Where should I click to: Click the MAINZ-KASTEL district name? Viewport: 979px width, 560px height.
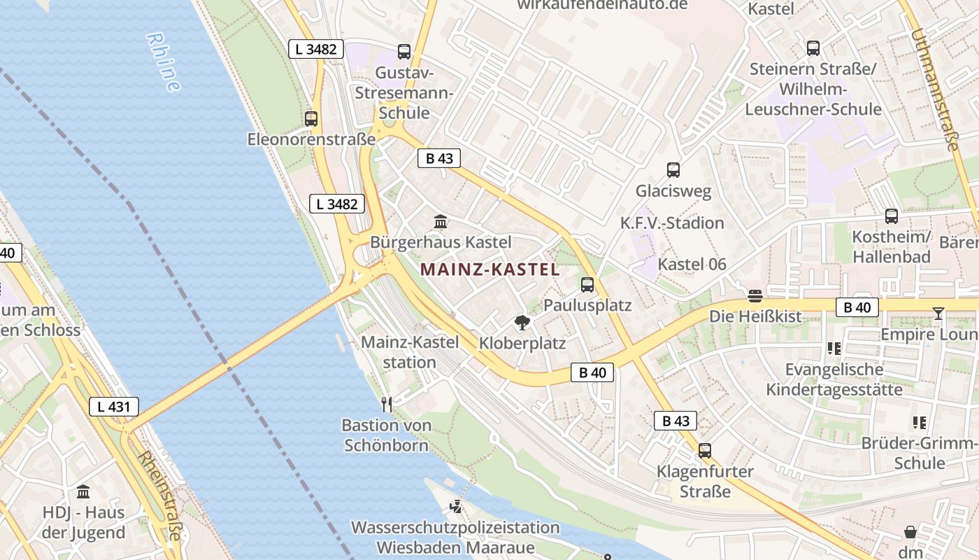pos(489,269)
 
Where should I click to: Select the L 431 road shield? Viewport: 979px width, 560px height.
pos(113,406)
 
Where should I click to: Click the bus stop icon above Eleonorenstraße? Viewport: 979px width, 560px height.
pos(311,119)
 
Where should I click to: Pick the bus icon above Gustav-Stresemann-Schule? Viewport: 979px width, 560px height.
pos(404,51)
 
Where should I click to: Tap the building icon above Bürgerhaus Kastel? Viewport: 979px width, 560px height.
pos(441,222)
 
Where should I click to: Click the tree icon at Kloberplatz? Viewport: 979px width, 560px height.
pos(522,323)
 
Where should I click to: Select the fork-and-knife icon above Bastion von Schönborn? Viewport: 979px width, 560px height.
pos(386,404)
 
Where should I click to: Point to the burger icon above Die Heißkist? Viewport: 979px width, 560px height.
pos(755,296)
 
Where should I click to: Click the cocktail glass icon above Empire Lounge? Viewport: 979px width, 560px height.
pos(938,314)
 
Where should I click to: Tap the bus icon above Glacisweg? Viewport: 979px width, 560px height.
pos(673,169)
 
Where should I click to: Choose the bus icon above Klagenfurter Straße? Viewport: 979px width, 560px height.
pos(704,450)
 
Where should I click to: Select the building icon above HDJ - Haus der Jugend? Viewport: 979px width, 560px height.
pos(83,491)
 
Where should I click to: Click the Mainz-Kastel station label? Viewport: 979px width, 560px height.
pos(410,352)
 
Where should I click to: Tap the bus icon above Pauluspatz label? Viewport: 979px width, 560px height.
pos(587,285)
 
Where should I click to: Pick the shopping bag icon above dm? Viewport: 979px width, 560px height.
pos(910,532)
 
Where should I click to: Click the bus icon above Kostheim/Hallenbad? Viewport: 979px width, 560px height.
pos(892,216)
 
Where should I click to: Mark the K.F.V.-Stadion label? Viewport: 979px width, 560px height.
pos(672,223)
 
